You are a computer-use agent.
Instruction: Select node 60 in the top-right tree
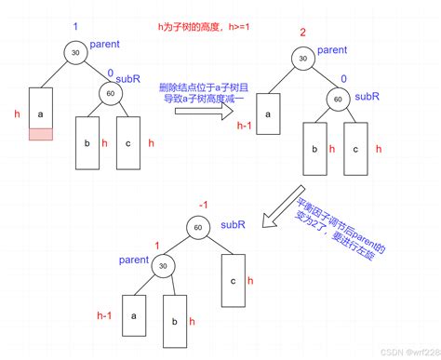338,98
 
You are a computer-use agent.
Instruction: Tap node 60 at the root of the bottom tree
196,226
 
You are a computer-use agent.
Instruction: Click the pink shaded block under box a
40,135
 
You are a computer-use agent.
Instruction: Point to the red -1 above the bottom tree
203,204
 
